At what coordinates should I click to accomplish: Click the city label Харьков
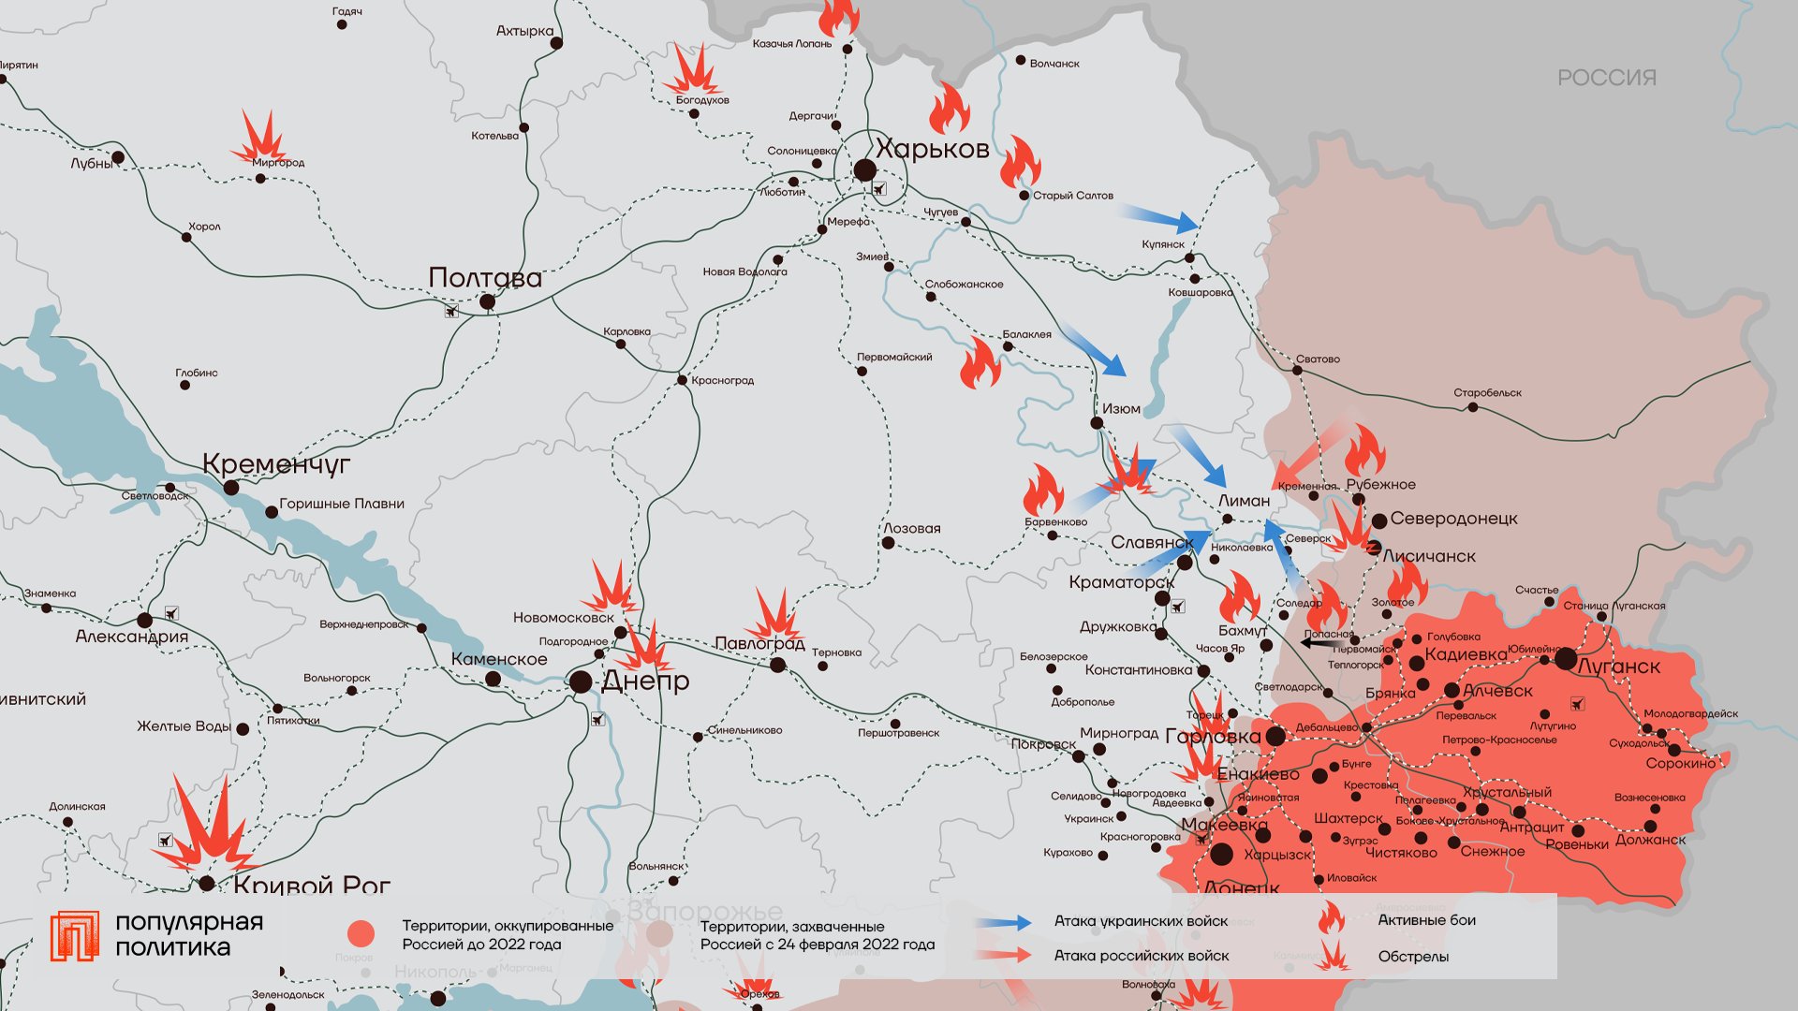pyautogui.click(x=932, y=150)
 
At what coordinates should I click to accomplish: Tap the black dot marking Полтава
pyautogui.click(x=487, y=301)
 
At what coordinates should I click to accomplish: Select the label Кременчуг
pyautogui.click(x=276, y=463)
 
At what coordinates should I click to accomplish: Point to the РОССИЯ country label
pyautogui.click(x=1607, y=78)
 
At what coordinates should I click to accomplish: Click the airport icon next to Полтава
pyautogui.click(x=451, y=311)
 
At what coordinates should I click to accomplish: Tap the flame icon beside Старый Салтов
pyautogui.click(x=1019, y=163)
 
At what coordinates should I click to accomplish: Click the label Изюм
pyautogui.click(x=1121, y=409)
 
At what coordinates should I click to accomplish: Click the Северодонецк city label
pyautogui.click(x=1453, y=519)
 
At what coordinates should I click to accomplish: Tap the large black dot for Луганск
pyautogui.click(x=1566, y=658)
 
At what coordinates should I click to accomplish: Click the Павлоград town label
pyautogui.click(x=759, y=643)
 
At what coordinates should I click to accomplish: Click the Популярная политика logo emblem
pyautogui.click(x=74, y=935)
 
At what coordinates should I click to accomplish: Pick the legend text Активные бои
pyautogui.click(x=1426, y=920)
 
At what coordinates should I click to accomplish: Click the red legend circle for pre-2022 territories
pyautogui.click(x=361, y=933)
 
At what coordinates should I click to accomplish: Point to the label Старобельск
pyautogui.click(x=1487, y=393)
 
